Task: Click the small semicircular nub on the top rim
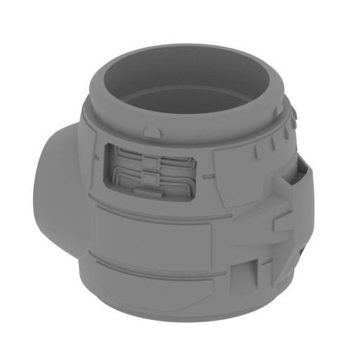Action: (x=150, y=131)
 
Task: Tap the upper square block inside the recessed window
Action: (x=150, y=162)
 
